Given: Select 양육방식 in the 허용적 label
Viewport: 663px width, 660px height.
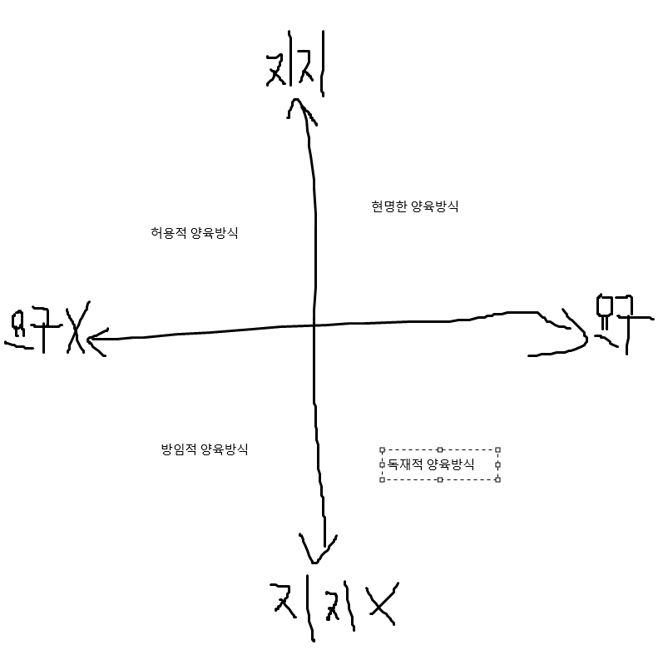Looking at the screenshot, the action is tap(214, 233).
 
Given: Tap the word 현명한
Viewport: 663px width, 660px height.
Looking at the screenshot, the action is tap(388, 206).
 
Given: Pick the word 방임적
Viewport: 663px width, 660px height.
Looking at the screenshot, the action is tap(178, 449).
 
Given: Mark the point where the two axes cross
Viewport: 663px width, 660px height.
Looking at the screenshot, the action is tap(314, 325).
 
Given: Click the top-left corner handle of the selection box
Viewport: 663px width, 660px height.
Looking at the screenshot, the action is tap(382, 449).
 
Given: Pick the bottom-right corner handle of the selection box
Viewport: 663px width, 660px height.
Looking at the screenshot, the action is tap(497, 479).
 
